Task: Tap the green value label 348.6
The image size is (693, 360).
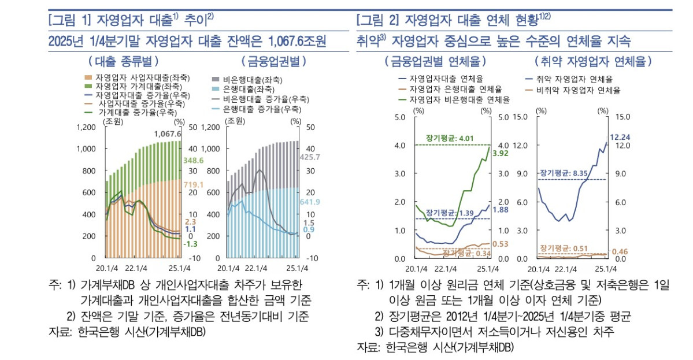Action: [194, 160]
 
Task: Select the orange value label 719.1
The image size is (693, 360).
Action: [194, 184]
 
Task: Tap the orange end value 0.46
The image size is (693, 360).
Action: [619, 251]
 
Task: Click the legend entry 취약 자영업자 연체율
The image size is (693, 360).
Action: [569, 79]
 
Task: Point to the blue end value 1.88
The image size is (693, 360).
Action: [500, 210]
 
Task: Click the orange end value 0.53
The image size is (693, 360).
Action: [500, 244]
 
